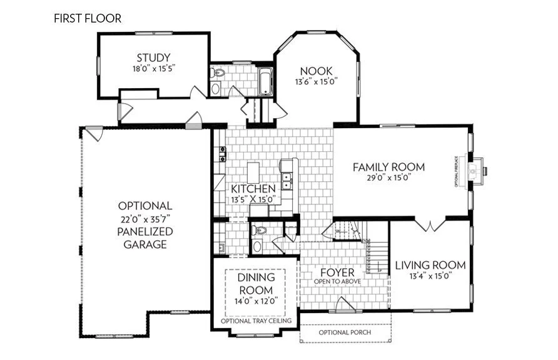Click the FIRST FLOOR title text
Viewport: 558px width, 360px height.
pyautogui.click(x=87, y=18)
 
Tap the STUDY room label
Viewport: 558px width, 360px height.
pyautogui.click(x=153, y=59)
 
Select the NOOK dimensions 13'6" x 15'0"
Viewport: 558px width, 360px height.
pyautogui.click(x=317, y=82)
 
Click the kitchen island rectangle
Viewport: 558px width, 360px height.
pyautogui.click(x=253, y=172)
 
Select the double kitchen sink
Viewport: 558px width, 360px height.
pyautogui.click(x=286, y=181)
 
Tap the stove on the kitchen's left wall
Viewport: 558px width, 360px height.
pyautogui.click(x=221, y=154)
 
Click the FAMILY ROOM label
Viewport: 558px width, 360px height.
pyautogui.click(x=388, y=167)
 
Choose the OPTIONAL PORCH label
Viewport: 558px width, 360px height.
pyautogui.click(x=345, y=332)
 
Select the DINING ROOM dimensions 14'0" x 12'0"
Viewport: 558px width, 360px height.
pyautogui.click(x=255, y=301)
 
